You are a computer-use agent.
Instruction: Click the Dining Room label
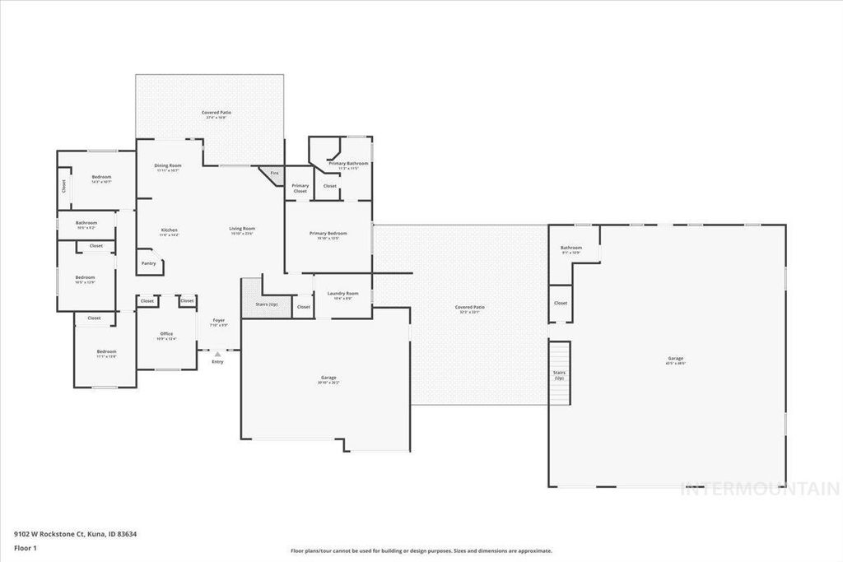pyautogui.click(x=168, y=166)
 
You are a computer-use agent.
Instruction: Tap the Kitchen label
pyautogui.click(x=170, y=230)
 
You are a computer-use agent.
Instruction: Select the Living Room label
pyautogui.click(x=242, y=230)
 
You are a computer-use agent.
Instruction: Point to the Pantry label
pyautogui.click(x=148, y=263)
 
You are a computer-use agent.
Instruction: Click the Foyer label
pyautogui.click(x=219, y=321)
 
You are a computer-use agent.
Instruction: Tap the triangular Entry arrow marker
pyautogui.click(x=217, y=354)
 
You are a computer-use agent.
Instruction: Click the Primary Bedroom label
pyautogui.click(x=328, y=234)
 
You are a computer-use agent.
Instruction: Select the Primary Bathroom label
pyautogui.click(x=348, y=164)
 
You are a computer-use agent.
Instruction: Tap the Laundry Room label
pyautogui.click(x=342, y=294)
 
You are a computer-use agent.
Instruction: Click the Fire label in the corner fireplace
pyautogui.click(x=274, y=173)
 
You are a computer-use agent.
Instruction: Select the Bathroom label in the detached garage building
pyautogui.click(x=571, y=248)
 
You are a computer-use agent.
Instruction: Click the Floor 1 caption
pyautogui.click(x=26, y=547)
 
